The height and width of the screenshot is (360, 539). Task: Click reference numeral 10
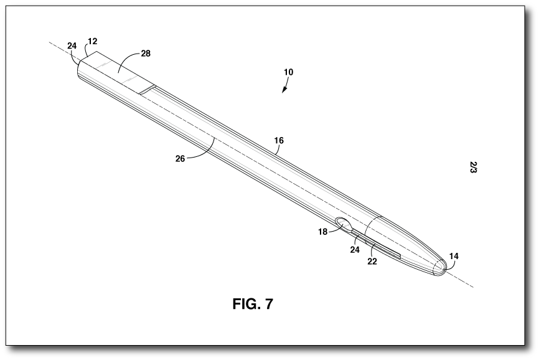pyautogui.click(x=288, y=72)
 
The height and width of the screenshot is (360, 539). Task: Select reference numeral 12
pyautogui.click(x=92, y=42)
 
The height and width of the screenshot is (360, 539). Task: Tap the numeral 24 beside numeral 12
pyautogui.click(x=72, y=46)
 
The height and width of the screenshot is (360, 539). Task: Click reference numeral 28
pyautogui.click(x=145, y=54)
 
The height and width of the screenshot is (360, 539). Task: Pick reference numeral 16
pyautogui.click(x=279, y=141)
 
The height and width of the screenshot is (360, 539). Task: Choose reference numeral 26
pyautogui.click(x=180, y=158)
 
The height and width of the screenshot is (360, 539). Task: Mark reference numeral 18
pyautogui.click(x=322, y=232)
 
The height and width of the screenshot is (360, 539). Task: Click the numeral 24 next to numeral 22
pyautogui.click(x=355, y=249)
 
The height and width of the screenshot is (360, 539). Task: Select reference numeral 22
pyautogui.click(x=372, y=262)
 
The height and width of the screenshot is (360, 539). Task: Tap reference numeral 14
pyautogui.click(x=454, y=256)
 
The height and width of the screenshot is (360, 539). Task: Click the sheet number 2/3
pyautogui.click(x=474, y=167)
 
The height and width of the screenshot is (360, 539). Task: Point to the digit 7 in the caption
pyautogui.click(x=268, y=305)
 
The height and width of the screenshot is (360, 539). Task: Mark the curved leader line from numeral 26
pyautogui.click(x=202, y=153)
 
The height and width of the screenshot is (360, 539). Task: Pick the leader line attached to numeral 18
pyautogui.click(x=334, y=230)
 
